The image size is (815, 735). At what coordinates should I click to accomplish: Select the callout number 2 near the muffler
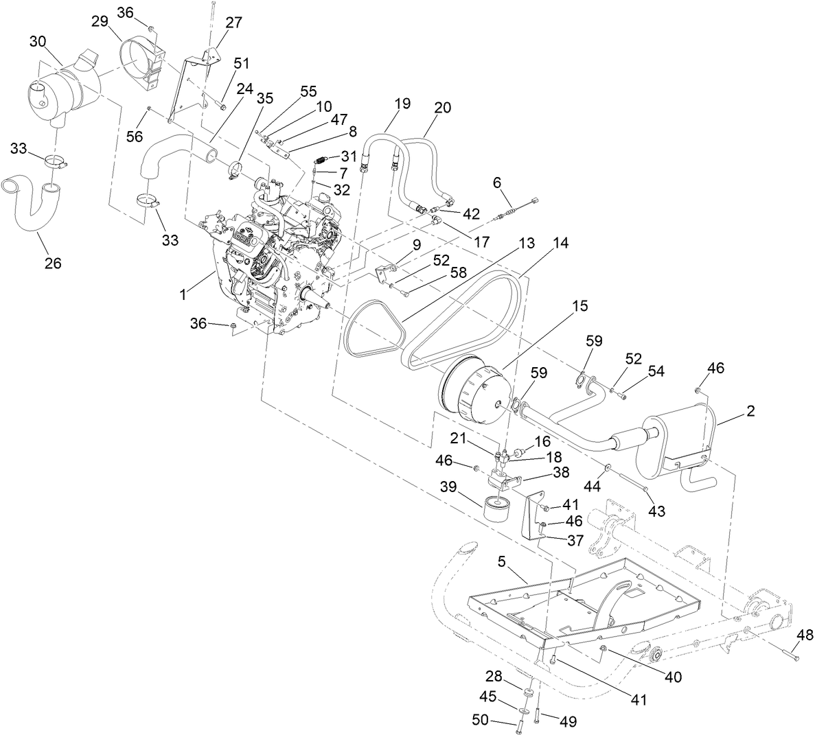pos(750,411)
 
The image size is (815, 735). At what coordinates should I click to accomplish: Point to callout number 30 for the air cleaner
pos(37,42)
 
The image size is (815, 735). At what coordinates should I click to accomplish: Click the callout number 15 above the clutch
pos(581,306)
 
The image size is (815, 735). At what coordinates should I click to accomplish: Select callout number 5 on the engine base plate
pos(501,562)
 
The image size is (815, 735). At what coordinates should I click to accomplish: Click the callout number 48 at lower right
pos(805,634)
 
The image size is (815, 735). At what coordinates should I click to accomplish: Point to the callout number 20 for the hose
pos(443,108)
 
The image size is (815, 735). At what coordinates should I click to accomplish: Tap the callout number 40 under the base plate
pos(673,677)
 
